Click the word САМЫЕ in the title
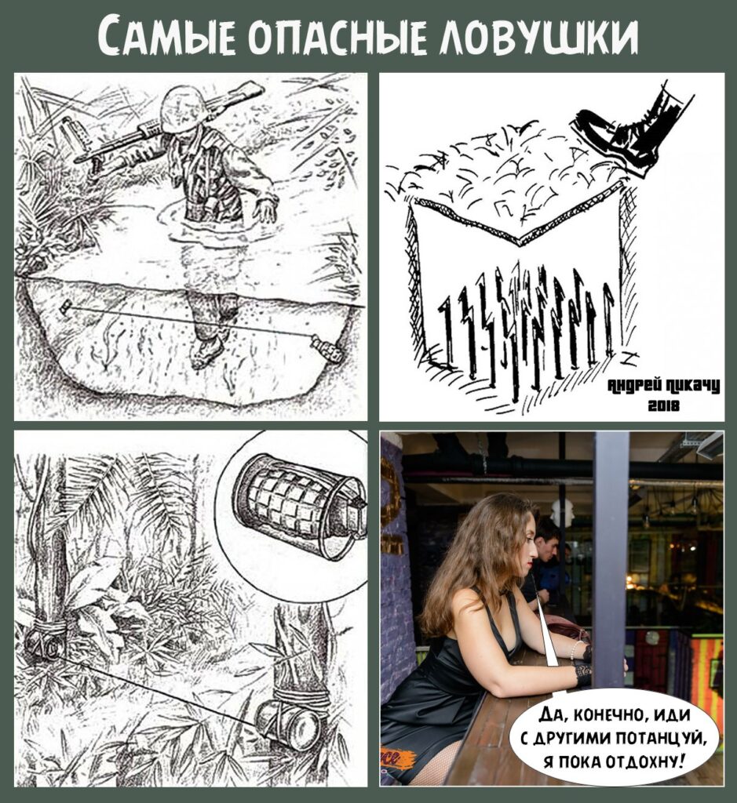167,37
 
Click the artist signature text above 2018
664,386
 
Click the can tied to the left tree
44,643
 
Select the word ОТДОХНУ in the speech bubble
644,761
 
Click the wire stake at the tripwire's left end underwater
65,307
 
